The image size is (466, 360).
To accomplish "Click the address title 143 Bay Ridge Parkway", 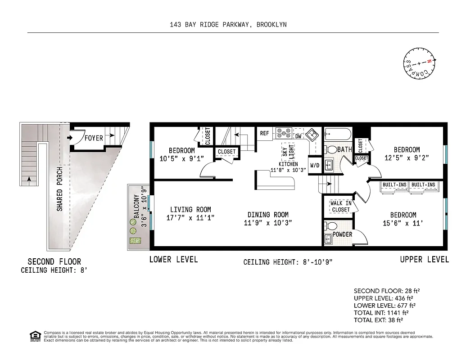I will (x=225, y=25).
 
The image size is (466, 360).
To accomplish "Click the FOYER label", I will (x=94, y=138).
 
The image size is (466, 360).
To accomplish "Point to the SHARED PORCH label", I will (x=59, y=189).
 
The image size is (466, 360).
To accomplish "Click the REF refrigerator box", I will (x=264, y=134).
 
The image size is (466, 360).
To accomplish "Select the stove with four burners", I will (x=284, y=133).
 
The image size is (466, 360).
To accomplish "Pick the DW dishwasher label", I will (x=298, y=136).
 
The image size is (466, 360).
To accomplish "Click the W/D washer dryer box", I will (x=314, y=165).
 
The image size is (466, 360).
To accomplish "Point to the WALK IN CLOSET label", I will (x=340, y=207).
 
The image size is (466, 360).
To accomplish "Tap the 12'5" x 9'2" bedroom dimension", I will (x=407, y=158).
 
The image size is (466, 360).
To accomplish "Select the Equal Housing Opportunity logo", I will (x=34, y=335).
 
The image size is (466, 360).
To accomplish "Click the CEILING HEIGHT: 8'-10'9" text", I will (x=288, y=262).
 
